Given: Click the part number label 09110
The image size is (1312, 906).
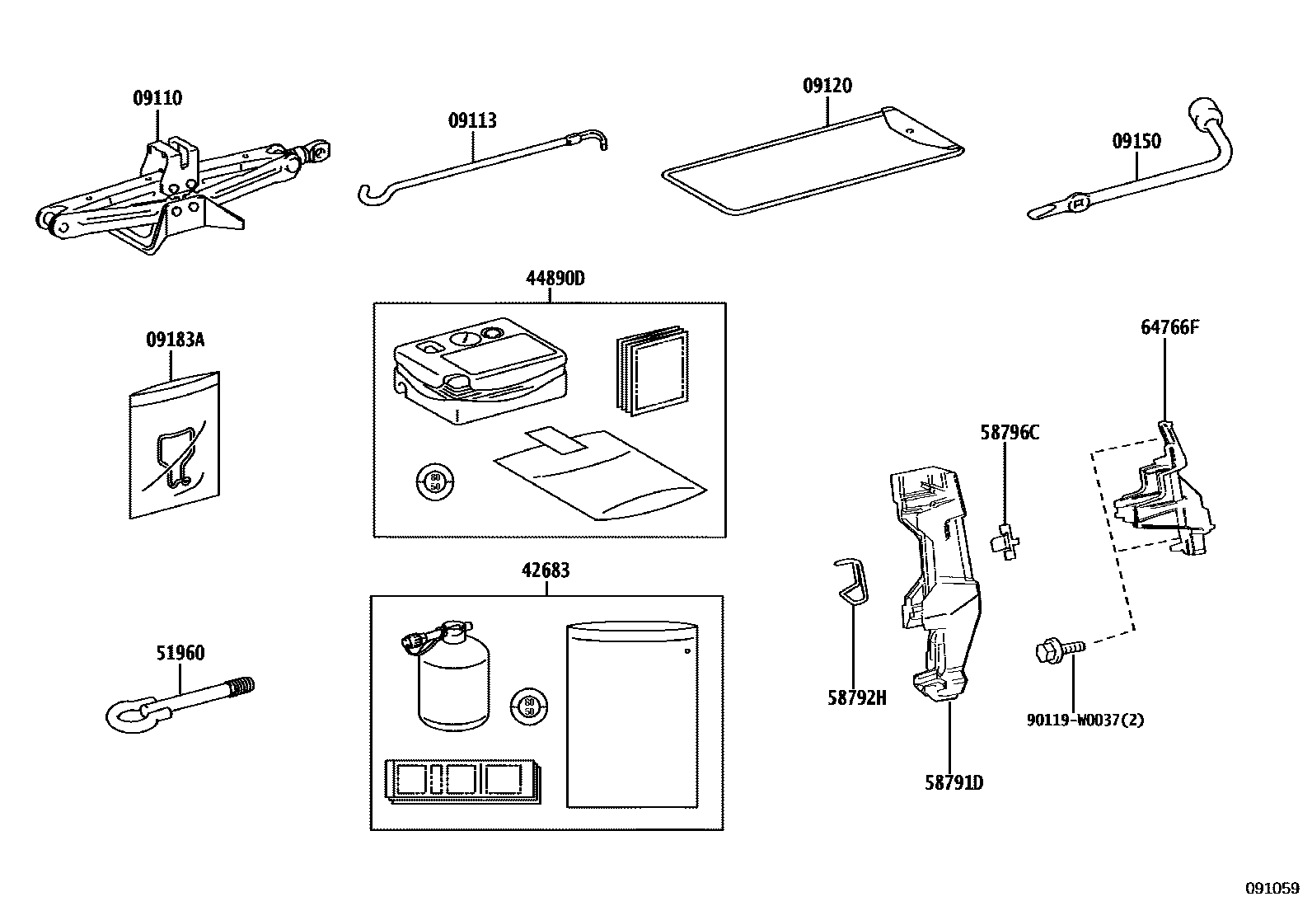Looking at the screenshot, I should (x=157, y=98).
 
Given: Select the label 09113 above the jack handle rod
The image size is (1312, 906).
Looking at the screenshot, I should (x=472, y=121).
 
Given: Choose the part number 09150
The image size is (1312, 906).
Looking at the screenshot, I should (x=1136, y=141).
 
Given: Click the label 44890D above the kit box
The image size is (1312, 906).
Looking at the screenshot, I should (x=555, y=279).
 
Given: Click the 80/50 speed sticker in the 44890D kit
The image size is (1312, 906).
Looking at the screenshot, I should (x=435, y=481).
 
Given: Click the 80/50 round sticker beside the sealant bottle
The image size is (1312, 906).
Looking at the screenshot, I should (x=529, y=706).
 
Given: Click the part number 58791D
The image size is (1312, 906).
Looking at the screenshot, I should (x=954, y=782).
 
